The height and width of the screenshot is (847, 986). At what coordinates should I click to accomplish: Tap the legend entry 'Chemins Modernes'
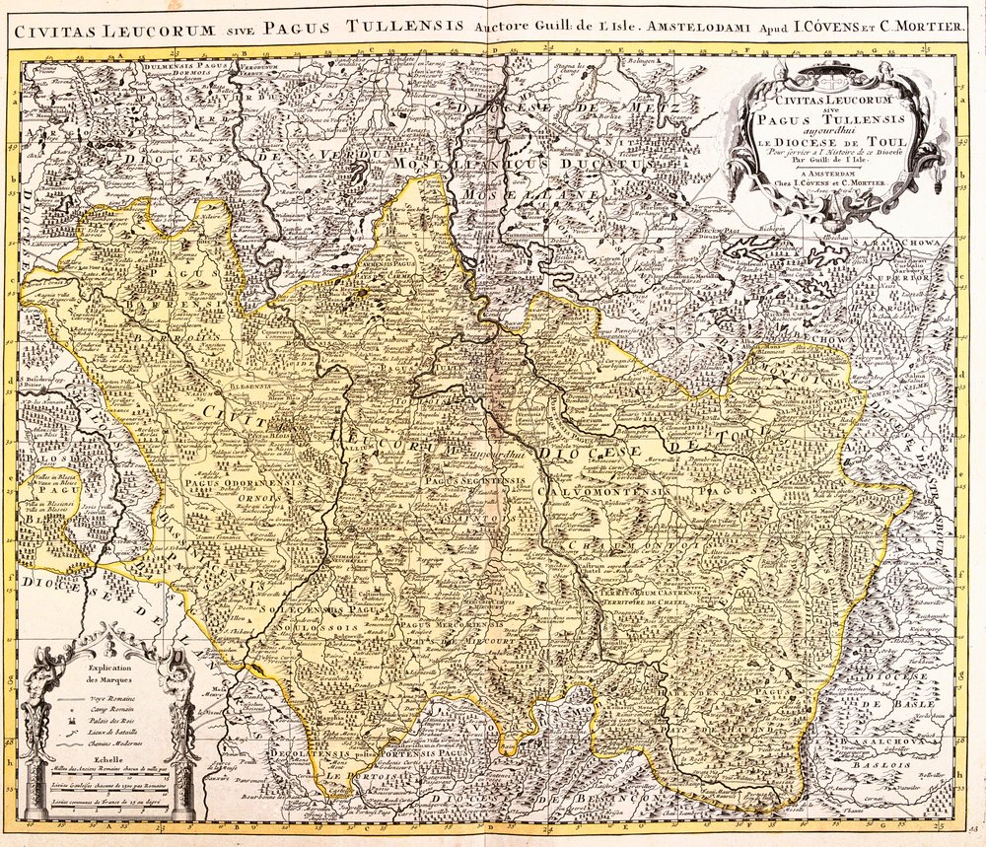pyautogui.click(x=118, y=744)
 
